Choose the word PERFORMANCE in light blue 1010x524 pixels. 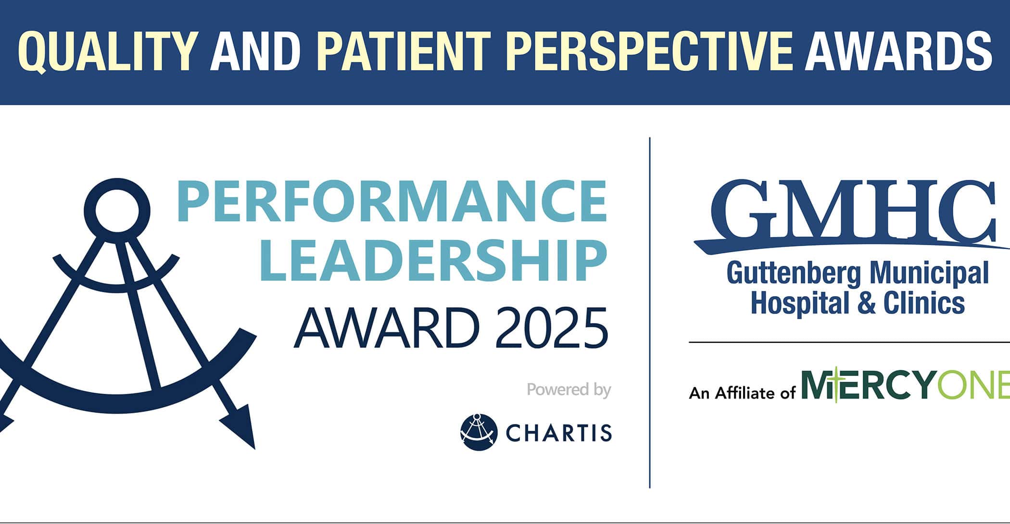(392, 201)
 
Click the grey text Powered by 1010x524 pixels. (569, 389)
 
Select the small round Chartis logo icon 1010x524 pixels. (478, 432)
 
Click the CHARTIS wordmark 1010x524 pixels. (559, 433)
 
